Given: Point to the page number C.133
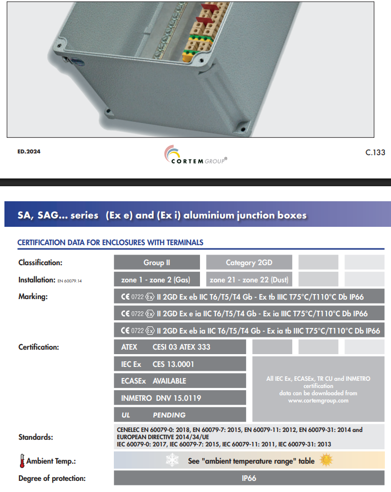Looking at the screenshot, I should (x=375, y=152).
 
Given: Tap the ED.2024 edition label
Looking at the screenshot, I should (x=29, y=151).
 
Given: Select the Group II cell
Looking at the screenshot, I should (x=158, y=262).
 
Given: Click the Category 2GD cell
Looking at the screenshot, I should (x=249, y=262).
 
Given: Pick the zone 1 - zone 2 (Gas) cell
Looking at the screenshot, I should (x=158, y=279).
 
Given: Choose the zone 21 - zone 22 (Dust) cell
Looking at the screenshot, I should (x=249, y=279).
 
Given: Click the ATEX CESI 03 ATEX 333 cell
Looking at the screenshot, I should (x=179, y=347).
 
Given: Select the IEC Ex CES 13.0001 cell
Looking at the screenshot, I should (x=179, y=364).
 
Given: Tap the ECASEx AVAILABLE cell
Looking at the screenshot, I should (x=179, y=381).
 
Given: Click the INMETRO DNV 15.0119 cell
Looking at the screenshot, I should (x=179, y=398).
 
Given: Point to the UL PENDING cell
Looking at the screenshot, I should (x=179, y=415).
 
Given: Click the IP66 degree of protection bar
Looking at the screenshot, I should (x=249, y=478).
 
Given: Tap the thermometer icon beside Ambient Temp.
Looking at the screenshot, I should (x=22, y=461).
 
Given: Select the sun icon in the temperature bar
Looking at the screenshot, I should (x=326, y=460).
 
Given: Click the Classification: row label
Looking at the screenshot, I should (x=40, y=262).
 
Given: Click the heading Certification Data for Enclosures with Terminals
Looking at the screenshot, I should (x=110, y=242).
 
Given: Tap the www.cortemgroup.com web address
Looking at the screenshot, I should (x=318, y=400).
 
